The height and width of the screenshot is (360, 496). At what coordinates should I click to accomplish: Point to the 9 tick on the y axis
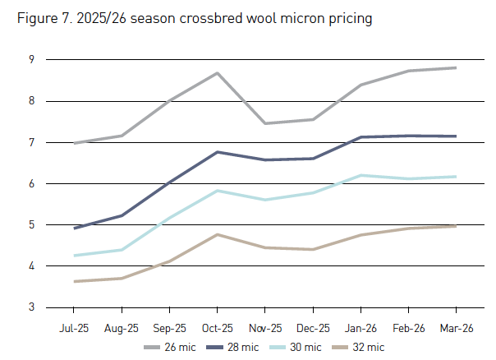(30, 60)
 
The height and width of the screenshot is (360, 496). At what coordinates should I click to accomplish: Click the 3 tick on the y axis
(30, 307)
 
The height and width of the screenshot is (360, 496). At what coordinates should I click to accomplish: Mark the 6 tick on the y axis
(30, 184)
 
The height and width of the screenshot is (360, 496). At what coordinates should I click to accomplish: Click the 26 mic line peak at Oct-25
(217, 73)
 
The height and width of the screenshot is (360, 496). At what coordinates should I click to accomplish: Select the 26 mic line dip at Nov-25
(265, 123)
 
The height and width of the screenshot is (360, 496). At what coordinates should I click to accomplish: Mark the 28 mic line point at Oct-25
(217, 152)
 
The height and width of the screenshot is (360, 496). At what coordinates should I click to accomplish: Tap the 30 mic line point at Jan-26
(361, 175)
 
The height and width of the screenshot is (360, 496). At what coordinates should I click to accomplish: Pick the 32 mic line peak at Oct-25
(217, 234)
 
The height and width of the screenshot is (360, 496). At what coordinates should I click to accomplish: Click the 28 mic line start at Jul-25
(74, 228)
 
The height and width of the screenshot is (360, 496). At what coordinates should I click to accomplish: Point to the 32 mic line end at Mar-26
(456, 226)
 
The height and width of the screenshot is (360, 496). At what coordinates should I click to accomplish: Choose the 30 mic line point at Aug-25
(122, 250)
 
